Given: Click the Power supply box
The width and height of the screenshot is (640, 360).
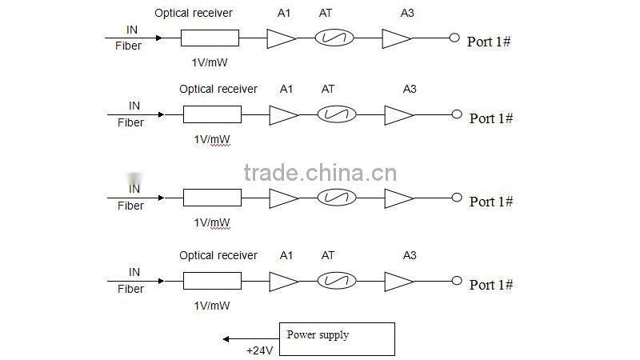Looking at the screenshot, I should [x=336, y=338].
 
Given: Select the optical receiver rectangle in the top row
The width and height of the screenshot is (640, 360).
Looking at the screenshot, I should [x=210, y=38].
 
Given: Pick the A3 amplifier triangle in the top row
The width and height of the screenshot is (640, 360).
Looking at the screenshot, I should [x=396, y=38].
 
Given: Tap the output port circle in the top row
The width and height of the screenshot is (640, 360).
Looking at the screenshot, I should [x=454, y=38].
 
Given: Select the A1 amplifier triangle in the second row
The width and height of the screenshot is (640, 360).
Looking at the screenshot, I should [x=282, y=115].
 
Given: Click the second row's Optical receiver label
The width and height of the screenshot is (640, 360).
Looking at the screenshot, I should [x=218, y=89].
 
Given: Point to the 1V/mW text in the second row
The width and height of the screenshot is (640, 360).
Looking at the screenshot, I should [x=212, y=138].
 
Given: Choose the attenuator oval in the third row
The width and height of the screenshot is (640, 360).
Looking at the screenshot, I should [x=336, y=198].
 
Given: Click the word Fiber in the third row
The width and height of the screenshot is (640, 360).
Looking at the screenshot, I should [x=131, y=206].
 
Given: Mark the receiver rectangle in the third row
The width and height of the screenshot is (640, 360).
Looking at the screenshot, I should [x=212, y=198].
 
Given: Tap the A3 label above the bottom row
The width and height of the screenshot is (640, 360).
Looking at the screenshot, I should [x=410, y=255].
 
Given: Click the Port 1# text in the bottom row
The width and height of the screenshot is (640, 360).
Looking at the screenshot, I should [x=490, y=285].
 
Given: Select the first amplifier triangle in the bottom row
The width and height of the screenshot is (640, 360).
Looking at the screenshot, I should [x=283, y=281].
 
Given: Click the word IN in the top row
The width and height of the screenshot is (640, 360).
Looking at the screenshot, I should [x=132, y=30].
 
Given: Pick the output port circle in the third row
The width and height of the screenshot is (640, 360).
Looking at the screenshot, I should [x=457, y=198].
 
